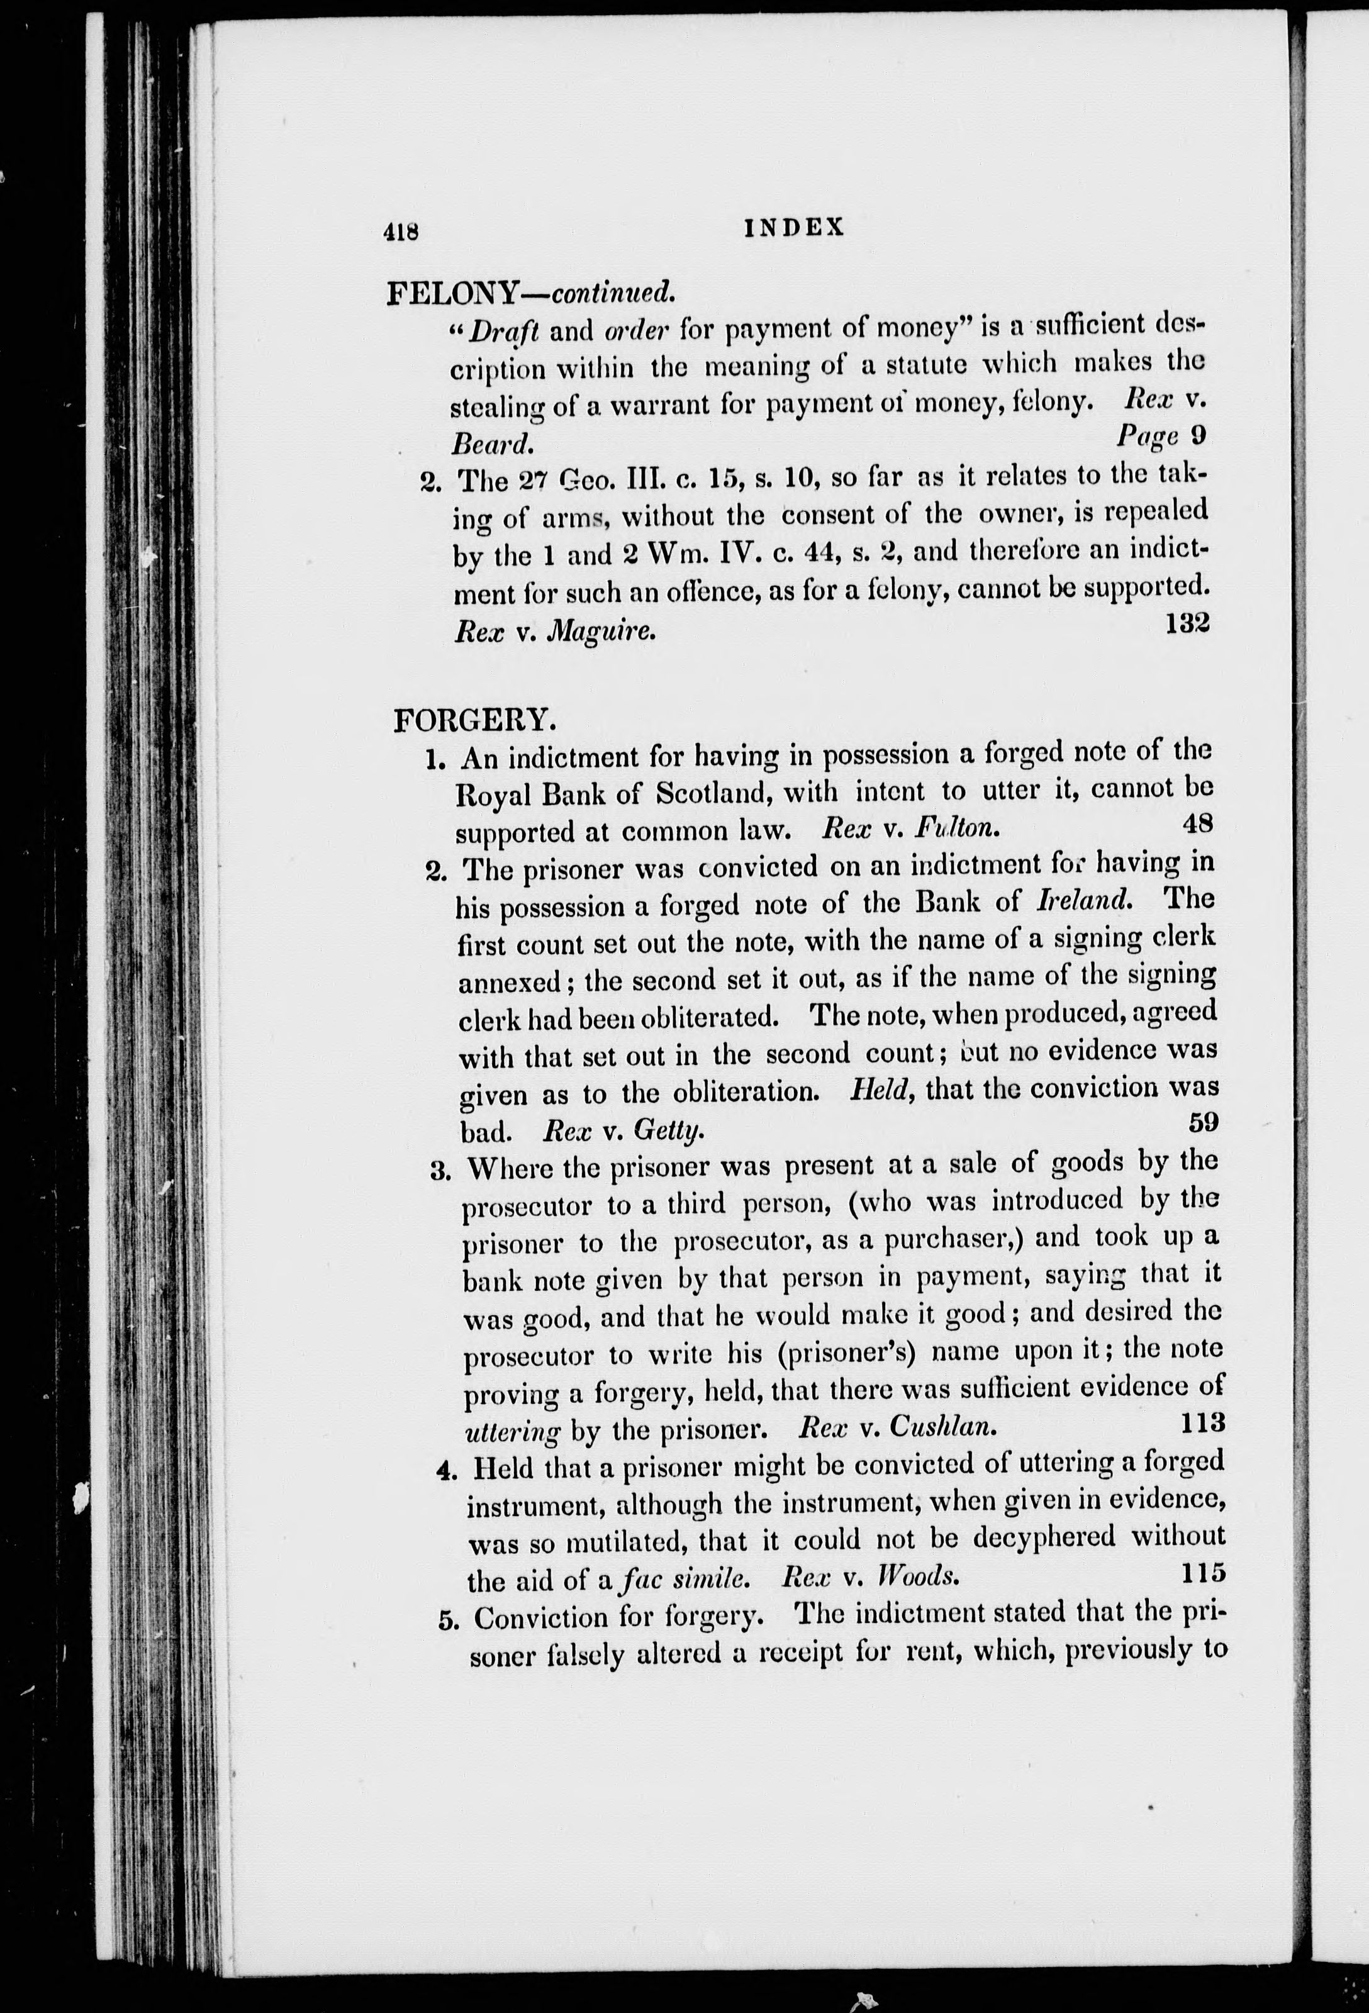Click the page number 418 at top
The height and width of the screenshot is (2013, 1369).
pos(401,230)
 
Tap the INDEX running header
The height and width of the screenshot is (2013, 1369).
pos(794,227)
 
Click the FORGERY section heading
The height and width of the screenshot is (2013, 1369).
pos(472,720)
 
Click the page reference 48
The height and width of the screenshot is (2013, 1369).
pos(1197,823)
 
